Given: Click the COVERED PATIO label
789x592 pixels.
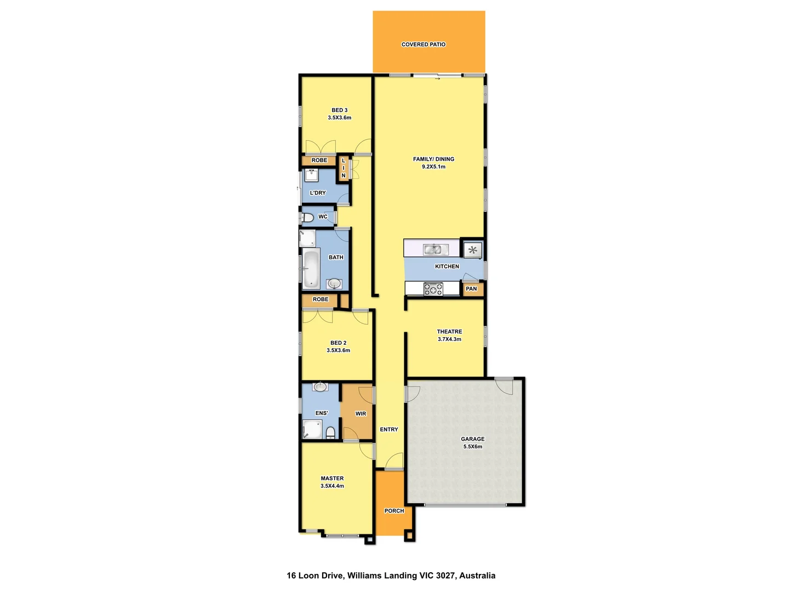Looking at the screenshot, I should (x=424, y=44).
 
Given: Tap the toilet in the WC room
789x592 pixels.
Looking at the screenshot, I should (x=307, y=218).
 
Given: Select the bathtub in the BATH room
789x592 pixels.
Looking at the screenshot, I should (x=311, y=269).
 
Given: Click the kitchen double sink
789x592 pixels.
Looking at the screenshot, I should (x=433, y=249).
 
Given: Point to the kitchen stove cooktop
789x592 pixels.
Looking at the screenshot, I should (x=433, y=289).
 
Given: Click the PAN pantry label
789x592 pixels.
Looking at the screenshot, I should (x=471, y=289).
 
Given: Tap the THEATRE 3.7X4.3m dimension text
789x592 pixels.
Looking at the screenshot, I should (x=449, y=339).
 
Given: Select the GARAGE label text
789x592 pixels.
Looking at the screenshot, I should (x=472, y=439).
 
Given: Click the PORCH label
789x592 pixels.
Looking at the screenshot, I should (x=394, y=511).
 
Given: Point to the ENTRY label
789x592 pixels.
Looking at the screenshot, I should (x=389, y=430).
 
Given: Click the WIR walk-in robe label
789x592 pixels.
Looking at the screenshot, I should (x=361, y=414).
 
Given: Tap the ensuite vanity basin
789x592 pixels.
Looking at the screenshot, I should (x=321, y=387).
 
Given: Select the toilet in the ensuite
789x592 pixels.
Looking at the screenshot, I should (x=330, y=432).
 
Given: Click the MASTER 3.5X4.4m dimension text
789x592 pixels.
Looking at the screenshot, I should (x=332, y=486).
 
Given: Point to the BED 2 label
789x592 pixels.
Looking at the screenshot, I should (x=338, y=343).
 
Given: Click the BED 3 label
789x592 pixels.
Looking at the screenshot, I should (x=339, y=110).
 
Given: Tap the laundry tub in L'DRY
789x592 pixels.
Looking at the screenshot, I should (x=312, y=175).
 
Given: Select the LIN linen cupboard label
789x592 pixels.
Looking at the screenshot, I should (x=344, y=168).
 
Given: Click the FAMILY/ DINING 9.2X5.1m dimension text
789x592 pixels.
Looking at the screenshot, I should (x=433, y=167).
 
